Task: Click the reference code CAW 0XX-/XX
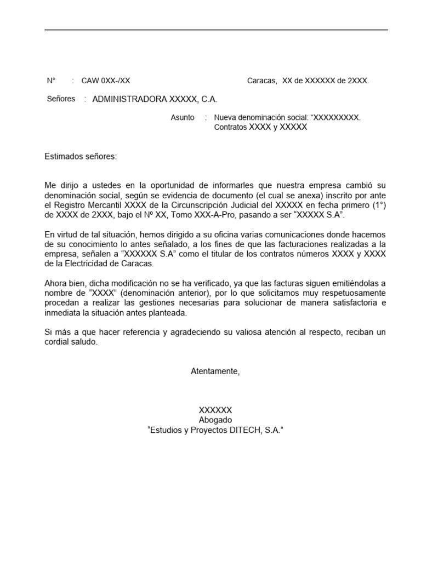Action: [106, 81]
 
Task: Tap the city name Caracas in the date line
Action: [262, 81]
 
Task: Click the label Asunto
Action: [183, 117]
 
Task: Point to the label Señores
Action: [61, 99]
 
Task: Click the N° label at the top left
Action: [52, 81]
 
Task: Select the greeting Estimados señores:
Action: [81, 157]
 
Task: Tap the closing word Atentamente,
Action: [215, 371]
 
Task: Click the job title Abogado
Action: [215, 420]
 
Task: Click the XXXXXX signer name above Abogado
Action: [215, 410]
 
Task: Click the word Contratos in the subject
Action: [230, 127]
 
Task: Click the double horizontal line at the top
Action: [216, 30]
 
